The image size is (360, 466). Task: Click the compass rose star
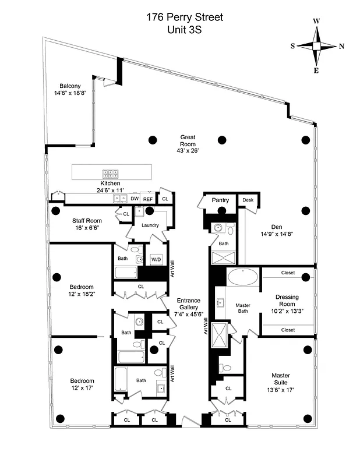pyautogui.click(x=317, y=45)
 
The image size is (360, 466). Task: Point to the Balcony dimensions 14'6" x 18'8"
pyautogui.click(x=70, y=93)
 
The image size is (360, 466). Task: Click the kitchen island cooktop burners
pyautogui.click(x=110, y=173)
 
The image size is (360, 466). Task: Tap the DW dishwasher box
pyautogui.click(x=135, y=199)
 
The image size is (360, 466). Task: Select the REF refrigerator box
pyautogui.click(x=149, y=199)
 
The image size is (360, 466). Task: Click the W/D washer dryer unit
pyautogui.click(x=156, y=259)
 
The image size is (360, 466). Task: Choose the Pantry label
pyautogui.click(x=220, y=200)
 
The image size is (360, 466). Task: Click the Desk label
pyautogui.click(x=248, y=200)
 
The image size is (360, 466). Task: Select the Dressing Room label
pyautogui.click(x=287, y=301)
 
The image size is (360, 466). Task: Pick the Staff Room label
pyautogui.click(x=87, y=221)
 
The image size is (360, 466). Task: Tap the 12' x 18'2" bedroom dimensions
pyautogui.click(x=82, y=294)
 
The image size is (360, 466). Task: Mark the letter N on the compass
pyautogui.click(x=341, y=46)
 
